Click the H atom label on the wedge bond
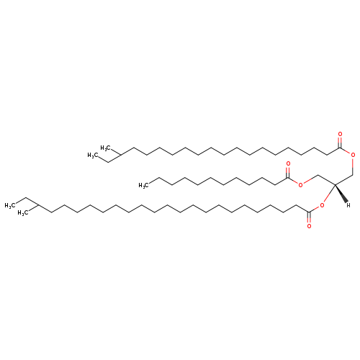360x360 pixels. point(348,205)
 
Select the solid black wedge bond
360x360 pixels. point(341,194)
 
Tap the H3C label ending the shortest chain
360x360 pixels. point(143,185)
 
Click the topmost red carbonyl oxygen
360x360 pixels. point(340,134)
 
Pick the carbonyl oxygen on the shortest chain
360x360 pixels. point(288,164)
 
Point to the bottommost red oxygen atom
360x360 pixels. point(309,226)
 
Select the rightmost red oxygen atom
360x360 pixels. point(353,155)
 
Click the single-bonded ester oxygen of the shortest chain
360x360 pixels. point(300,185)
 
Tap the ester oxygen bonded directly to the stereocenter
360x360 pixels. point(322,205)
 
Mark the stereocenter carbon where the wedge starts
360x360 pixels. point(335,184)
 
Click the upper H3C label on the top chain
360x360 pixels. point(105,148)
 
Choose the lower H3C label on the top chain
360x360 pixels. point(92,156)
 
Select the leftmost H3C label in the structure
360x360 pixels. point(9,206)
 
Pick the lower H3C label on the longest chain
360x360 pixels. point(22,213)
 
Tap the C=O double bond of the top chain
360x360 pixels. point(340,143)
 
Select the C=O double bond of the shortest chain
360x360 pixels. point(288,172)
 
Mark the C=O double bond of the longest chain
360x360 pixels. point(309,218)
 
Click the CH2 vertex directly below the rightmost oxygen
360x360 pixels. point(353,174)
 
